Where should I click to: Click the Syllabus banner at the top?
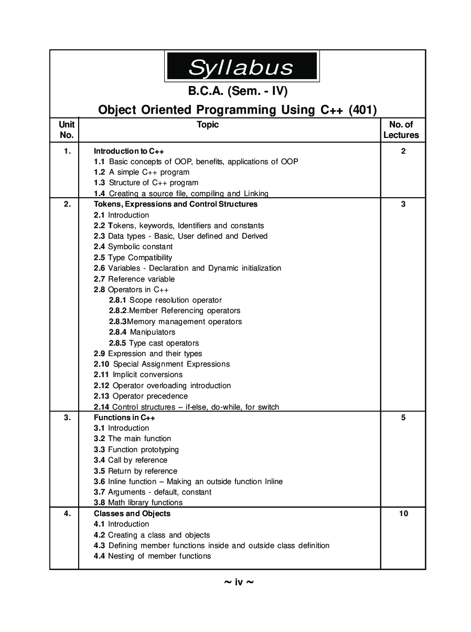(241, 66)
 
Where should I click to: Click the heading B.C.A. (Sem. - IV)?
(238, 91)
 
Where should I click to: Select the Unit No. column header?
(67, 130)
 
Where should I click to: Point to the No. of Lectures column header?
(401, 130)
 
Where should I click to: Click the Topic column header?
(208, 124)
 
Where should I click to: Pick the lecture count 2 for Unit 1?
(403, 151)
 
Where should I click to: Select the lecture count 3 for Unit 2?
(403, 204)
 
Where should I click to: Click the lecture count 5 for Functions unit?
(403, 417)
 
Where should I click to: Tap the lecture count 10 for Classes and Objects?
(403, 513)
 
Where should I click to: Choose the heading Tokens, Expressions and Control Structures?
(176, 204)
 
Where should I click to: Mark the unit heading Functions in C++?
(124, 417)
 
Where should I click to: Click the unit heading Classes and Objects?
(132, 513)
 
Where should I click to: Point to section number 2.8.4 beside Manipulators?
(118, 332)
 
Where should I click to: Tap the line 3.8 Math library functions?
(138, 502)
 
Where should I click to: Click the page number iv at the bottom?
(239, 582)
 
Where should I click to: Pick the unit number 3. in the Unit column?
(67, 417)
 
